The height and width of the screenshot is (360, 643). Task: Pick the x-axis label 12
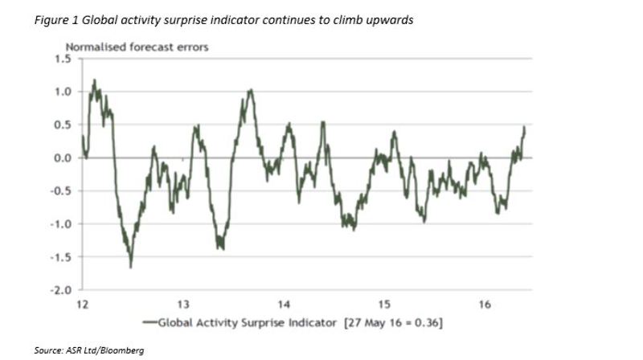(82, 305)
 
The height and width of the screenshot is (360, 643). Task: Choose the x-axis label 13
(183, 305)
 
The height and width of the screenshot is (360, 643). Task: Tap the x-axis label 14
(284, 305)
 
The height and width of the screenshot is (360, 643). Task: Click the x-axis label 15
(384, 305)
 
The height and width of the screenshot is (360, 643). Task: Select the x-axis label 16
(485, 305)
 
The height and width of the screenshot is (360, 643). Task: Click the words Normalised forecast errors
(137, 47)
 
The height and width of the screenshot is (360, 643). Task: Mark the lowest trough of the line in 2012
(130, 267)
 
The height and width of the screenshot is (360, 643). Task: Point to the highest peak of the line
(95, 80)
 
